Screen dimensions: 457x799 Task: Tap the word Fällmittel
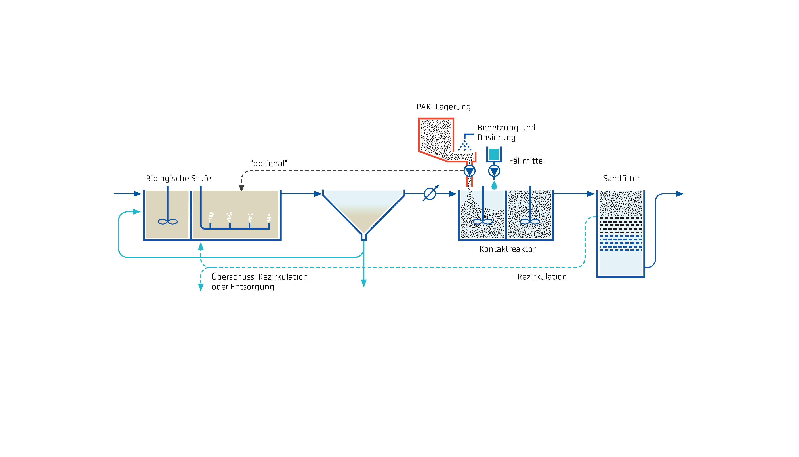point(527,161)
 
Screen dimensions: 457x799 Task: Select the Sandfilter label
point(621,179)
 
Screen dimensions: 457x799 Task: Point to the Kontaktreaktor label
point(507,249)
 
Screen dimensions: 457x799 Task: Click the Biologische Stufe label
point(178,179)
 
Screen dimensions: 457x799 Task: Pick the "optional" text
point(268,164)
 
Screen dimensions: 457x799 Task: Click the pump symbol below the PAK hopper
point(469,171)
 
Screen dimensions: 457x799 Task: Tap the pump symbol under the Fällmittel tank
point(494,171)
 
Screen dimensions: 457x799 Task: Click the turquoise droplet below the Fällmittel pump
point(494,186)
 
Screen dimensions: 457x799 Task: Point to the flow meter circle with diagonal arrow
point(430,194)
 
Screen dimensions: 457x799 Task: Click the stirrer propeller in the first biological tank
point(167,222)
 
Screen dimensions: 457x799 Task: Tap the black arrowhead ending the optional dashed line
point(241,188)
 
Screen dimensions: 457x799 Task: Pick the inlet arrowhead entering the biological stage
point(137,194)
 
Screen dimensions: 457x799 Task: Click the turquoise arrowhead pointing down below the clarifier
point(364,283)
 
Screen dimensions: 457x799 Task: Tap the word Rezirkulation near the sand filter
point(542,277)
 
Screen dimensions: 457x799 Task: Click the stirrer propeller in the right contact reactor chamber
point(530,222)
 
